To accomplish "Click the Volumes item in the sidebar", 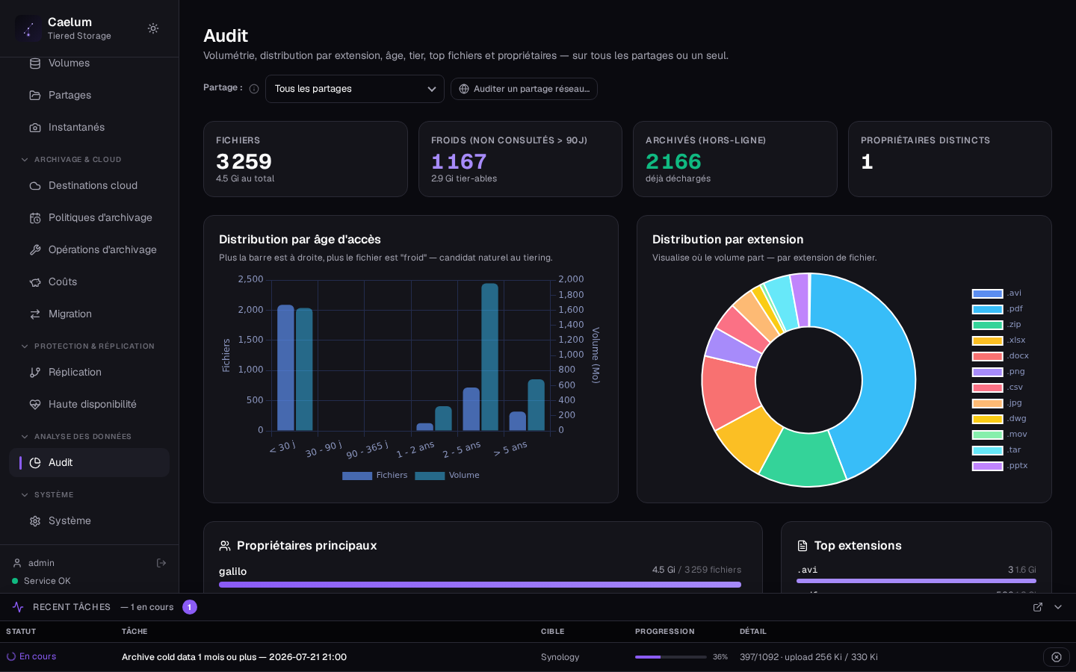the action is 69,63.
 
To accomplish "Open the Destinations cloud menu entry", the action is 93,185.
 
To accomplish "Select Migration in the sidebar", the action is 69,314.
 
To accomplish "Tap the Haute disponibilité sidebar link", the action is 92,404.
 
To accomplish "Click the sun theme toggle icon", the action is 152,28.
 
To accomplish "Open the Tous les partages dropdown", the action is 354,89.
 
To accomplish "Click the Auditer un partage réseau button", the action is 524,89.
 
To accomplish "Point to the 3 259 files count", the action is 244,161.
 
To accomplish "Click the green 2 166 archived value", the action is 673,161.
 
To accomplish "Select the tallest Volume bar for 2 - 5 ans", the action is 489,357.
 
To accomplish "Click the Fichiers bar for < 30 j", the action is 285,367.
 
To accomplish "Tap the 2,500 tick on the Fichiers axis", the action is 251,279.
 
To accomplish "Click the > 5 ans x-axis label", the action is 510,449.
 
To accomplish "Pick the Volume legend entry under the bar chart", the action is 447,475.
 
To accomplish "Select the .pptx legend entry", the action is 1000,466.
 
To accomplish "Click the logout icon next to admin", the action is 161,563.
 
